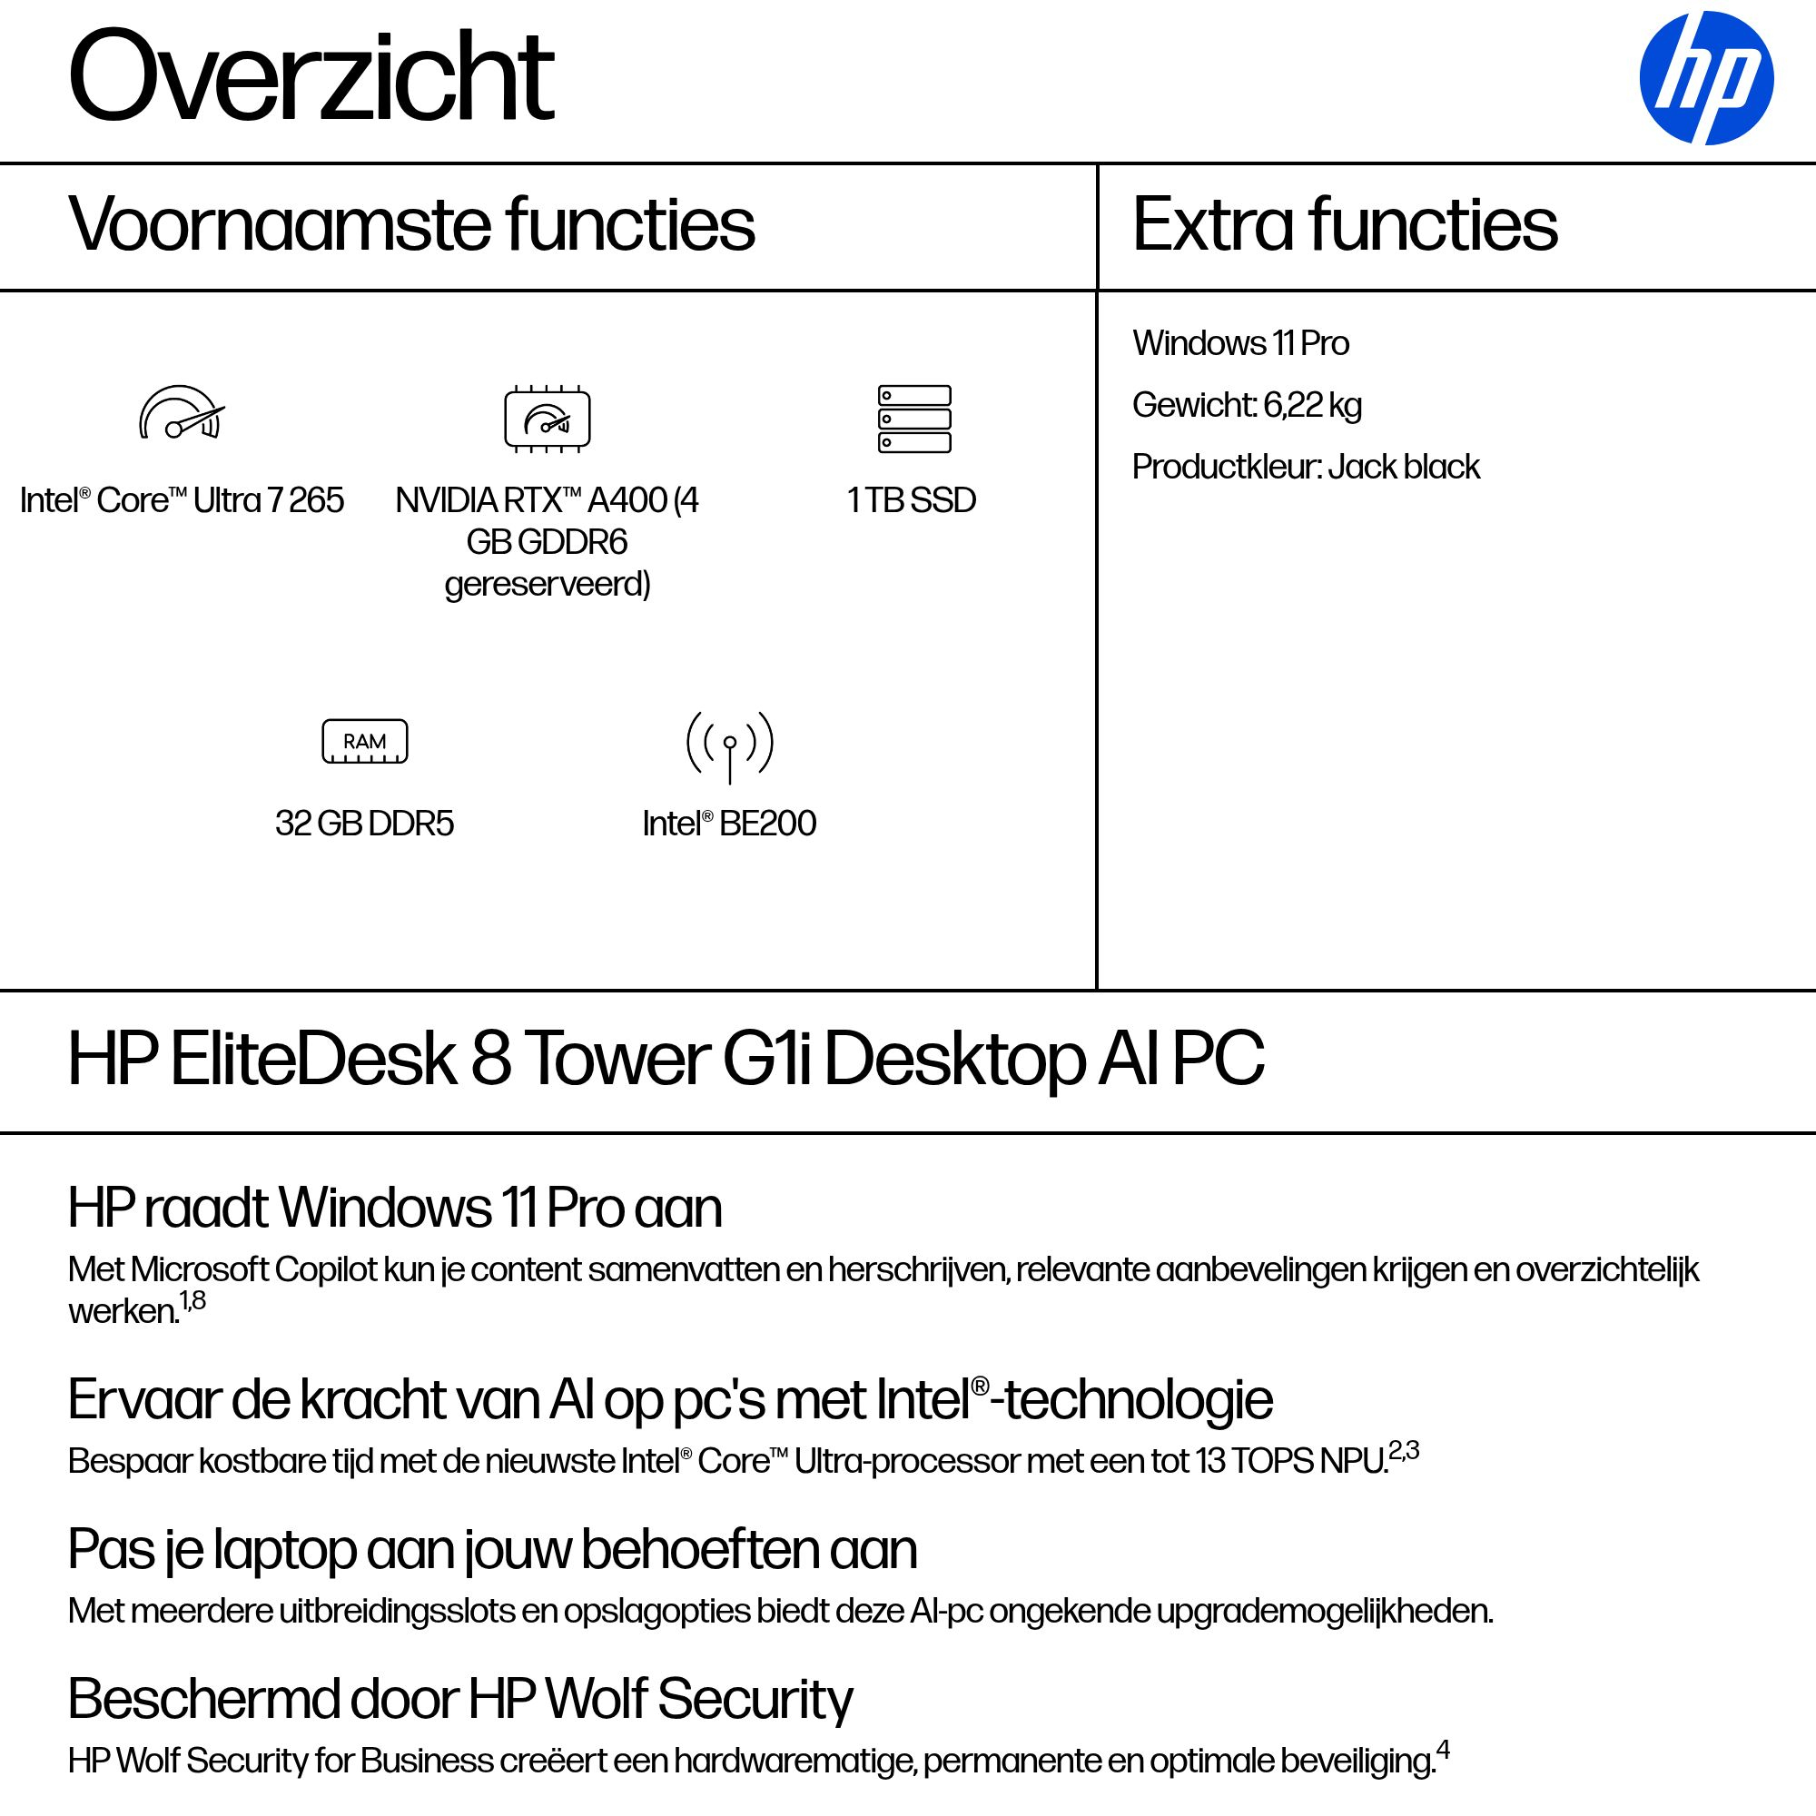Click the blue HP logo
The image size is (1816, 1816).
1706,78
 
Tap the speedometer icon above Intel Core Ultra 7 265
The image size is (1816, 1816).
182,413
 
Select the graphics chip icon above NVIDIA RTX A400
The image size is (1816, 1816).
547,419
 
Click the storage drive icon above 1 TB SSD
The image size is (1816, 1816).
913,419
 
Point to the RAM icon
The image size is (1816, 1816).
365,742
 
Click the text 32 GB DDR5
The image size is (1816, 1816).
365,824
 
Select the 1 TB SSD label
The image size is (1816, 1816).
912,500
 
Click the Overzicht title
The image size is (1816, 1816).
311,77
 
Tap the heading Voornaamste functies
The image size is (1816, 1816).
410,224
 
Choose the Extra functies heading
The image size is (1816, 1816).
1344,224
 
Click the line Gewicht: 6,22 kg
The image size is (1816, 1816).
1247,405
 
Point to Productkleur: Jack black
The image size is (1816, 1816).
1306,467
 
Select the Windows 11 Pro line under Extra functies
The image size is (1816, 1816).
1240,343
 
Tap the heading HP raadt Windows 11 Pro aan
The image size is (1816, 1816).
395,1208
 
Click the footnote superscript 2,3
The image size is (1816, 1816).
1404,1450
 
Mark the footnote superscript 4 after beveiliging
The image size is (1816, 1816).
1443,1751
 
